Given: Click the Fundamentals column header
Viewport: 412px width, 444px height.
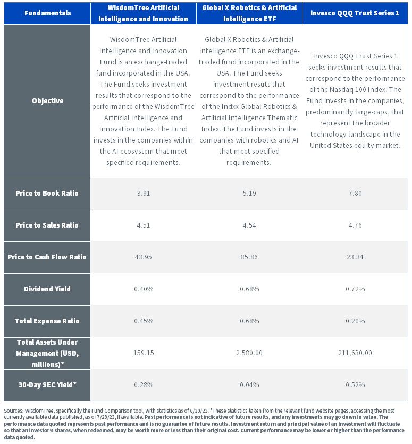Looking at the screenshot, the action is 47,13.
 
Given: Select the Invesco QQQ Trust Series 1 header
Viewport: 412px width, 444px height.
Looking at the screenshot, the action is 355,13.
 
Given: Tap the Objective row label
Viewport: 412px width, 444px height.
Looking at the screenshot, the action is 47,101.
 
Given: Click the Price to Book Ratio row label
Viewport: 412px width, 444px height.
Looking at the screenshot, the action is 47,193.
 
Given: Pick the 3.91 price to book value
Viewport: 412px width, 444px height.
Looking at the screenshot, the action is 144,194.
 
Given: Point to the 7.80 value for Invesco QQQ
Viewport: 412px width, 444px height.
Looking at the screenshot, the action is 355,194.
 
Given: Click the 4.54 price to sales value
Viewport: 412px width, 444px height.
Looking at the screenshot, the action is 249,225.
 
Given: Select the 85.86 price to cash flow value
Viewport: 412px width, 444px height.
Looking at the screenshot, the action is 249,257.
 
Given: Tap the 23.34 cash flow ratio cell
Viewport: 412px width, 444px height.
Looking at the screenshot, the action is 355,257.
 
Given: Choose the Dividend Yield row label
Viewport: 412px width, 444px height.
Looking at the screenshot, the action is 47,289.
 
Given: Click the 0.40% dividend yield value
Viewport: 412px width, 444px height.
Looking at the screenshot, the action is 144,289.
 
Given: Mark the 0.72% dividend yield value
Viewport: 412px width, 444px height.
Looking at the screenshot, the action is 355,289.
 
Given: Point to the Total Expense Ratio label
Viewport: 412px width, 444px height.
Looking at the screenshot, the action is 47,321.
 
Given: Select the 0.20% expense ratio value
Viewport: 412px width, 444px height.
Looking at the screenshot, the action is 355,321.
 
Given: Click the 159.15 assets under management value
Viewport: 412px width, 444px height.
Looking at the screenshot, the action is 144,353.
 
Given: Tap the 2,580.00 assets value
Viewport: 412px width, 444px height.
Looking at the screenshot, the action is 249,353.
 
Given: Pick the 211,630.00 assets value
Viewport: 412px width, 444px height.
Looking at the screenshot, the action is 355,353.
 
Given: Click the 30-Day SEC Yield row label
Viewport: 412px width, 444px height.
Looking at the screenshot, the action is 47,384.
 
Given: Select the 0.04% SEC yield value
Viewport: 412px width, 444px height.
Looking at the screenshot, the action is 249,385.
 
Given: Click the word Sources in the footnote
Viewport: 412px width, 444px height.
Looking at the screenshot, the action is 14,411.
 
